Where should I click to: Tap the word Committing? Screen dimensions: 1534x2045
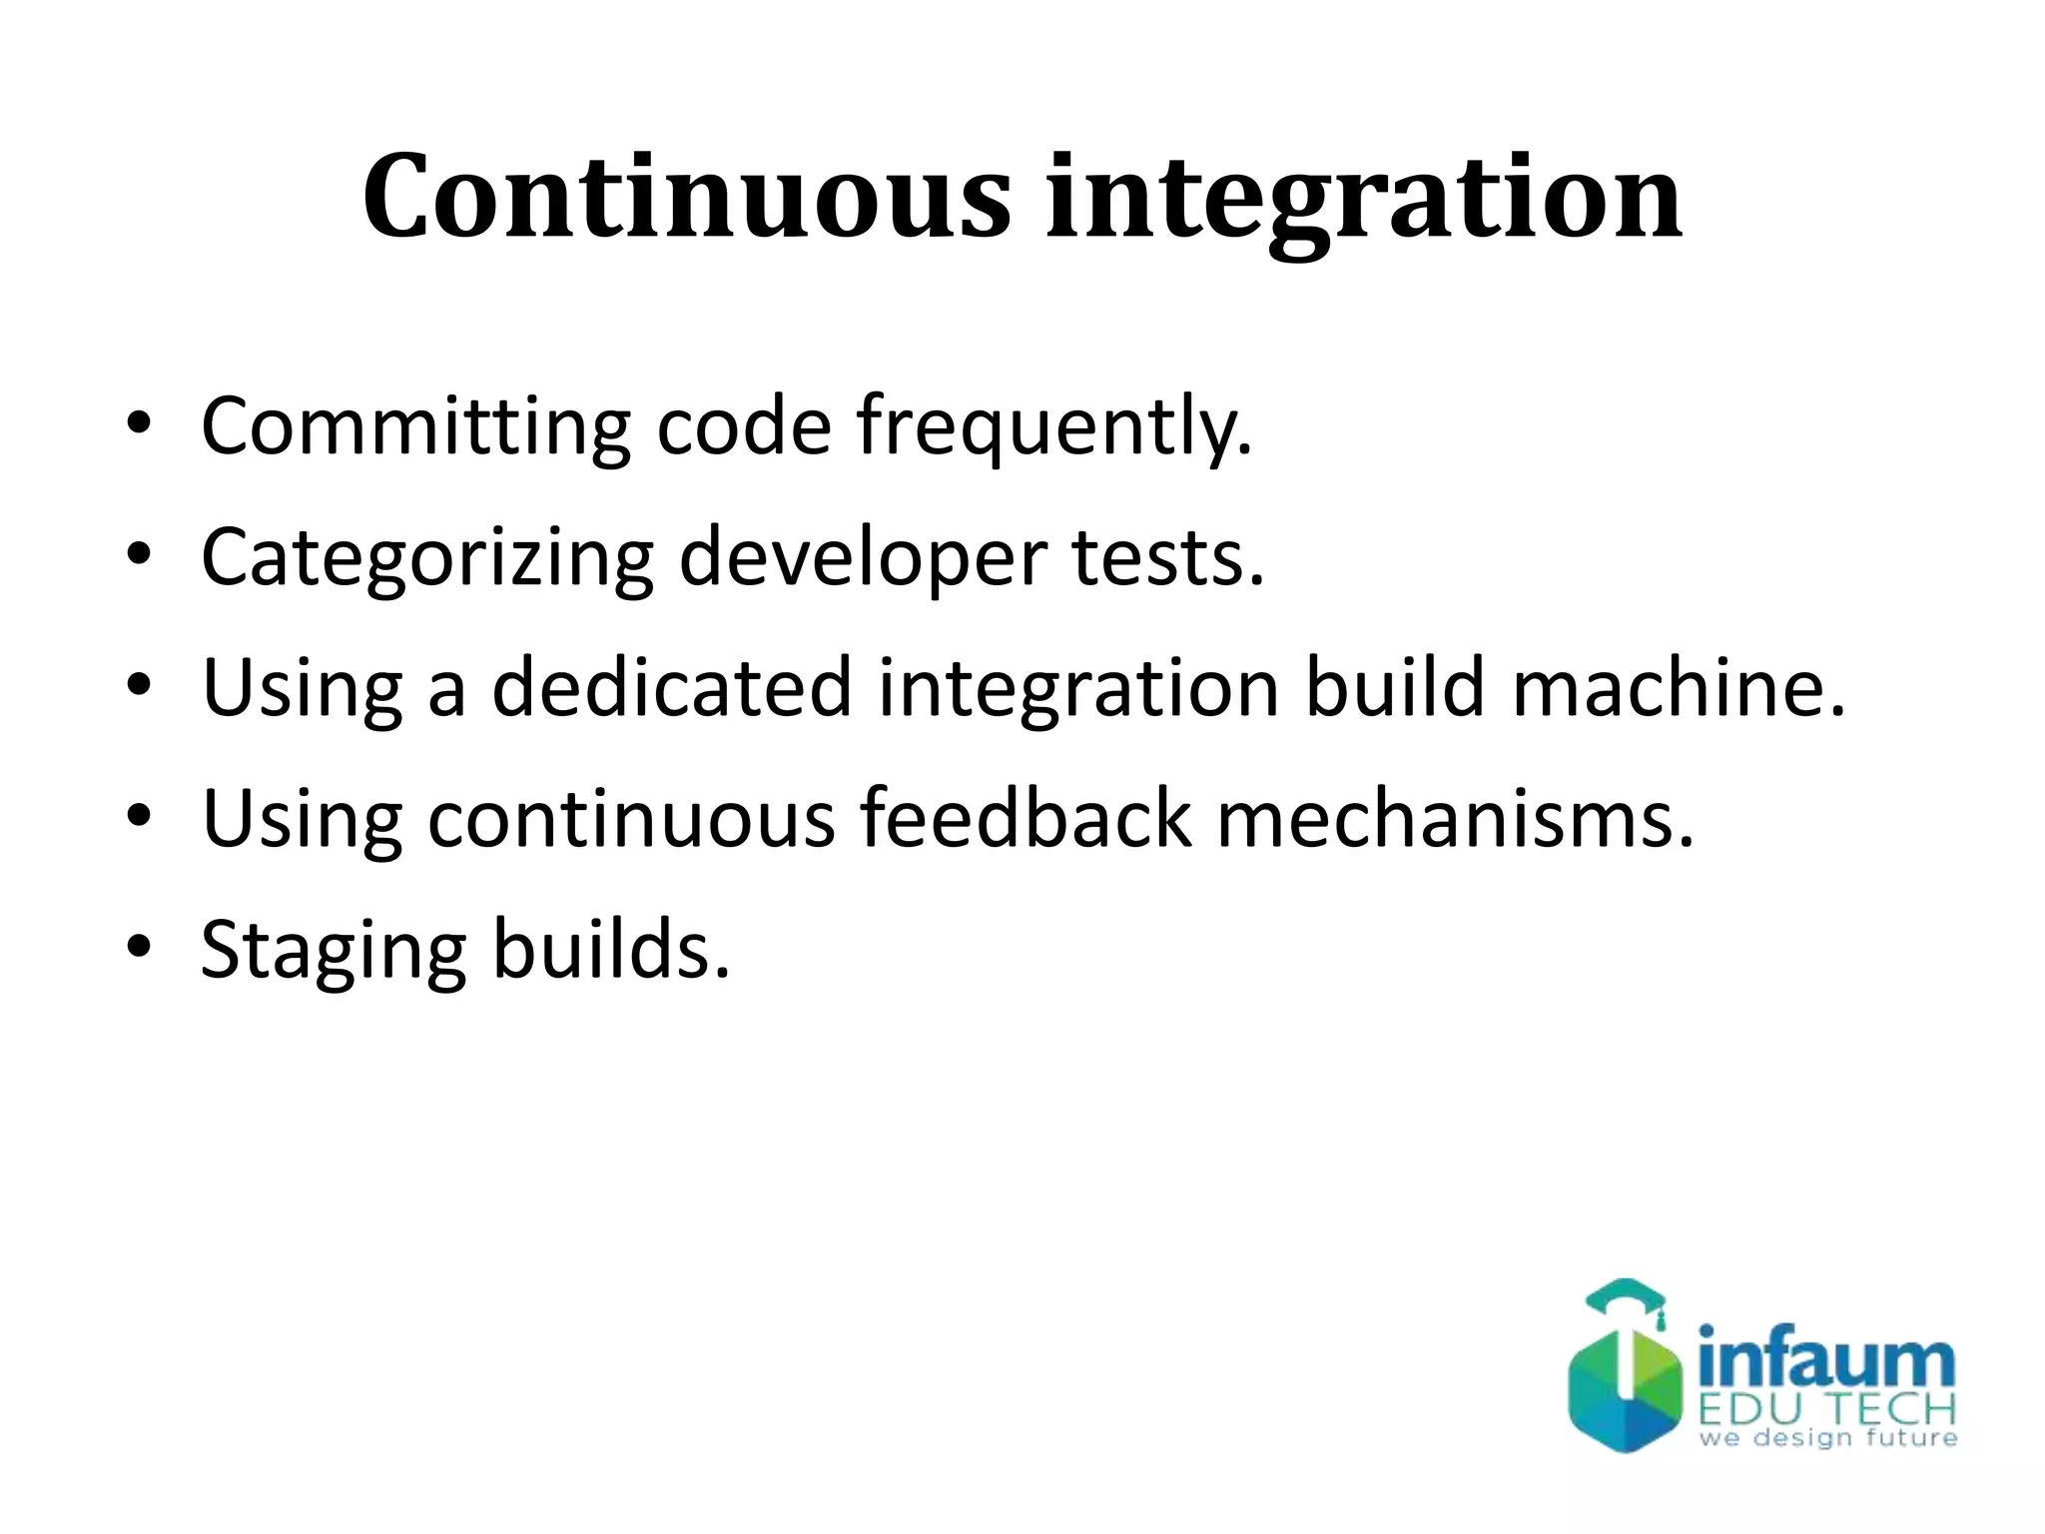point(414,427)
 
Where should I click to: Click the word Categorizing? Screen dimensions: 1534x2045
point(427,559)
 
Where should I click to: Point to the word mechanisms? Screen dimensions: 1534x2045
point(1455,818)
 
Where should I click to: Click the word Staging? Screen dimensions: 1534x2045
point(334,952)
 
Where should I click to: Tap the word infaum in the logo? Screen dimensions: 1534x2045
point(1825,1358)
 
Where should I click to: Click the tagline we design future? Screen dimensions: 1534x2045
point(1827,1439)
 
